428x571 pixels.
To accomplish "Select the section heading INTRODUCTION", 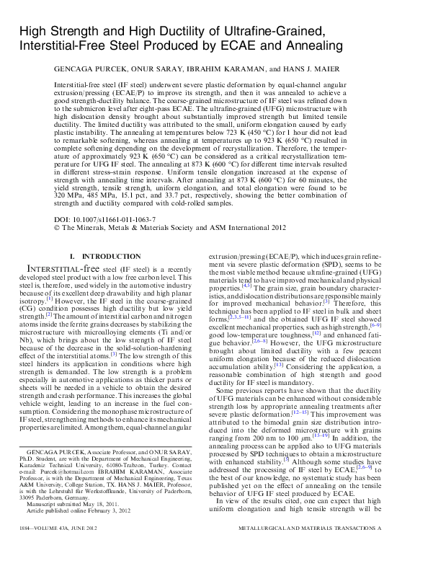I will (x=112, y=257).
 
